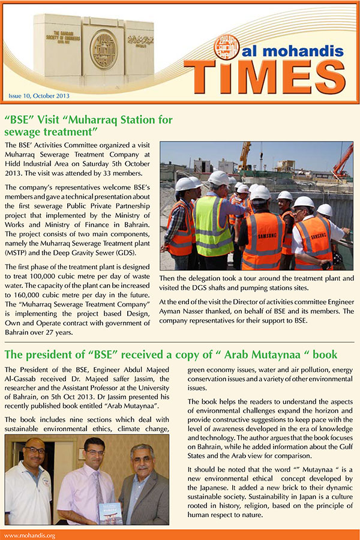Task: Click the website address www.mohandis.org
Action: pyautogui.click(x=30, y=535)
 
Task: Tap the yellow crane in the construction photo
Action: pyautogui.click(x=245, y=155)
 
